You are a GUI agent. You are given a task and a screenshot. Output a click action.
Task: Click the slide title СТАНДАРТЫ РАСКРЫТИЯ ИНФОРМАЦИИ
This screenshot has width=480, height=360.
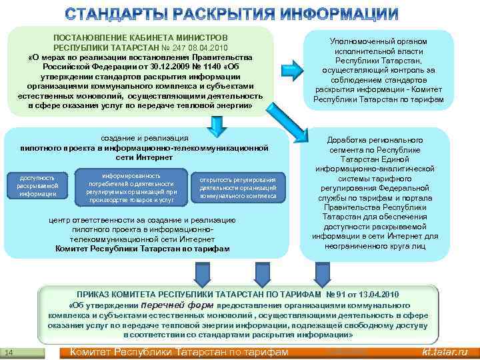coord(240,13)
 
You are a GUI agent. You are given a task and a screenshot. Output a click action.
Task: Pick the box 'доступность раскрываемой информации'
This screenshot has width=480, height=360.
coord(38,186)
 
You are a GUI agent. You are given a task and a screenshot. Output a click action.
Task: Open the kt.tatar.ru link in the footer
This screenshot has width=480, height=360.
coord(445,352)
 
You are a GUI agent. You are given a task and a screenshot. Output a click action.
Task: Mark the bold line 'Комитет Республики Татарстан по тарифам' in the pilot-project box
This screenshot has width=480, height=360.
coord(143,249)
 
